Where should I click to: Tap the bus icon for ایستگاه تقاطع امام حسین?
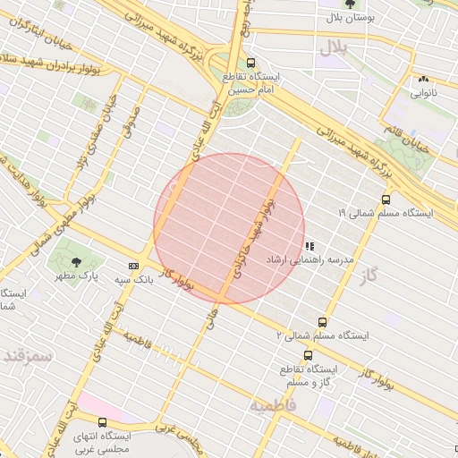[x=250, y=64]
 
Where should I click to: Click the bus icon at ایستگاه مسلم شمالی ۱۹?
[x=386, y=199]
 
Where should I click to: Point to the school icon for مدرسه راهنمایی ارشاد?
[x=309, y=245]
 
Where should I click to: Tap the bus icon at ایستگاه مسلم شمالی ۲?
[x=322, y=321]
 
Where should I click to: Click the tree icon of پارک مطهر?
[x=75, y=262]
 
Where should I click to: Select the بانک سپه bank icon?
[x=133, y=266]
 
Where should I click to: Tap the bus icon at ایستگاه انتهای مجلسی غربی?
[x=102, y=421]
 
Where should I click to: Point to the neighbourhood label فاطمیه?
[x=271, y=406]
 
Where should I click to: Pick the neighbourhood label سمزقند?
[x=28, y=355]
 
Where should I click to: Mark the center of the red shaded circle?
[x=229, y=228]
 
